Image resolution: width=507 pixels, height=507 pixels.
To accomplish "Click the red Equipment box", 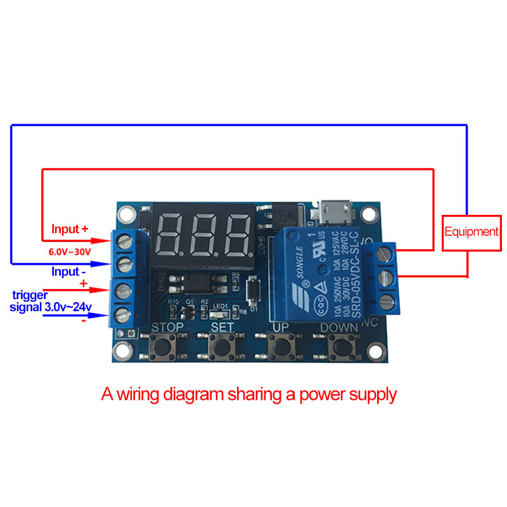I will pyautogui.click(x=471, y=232).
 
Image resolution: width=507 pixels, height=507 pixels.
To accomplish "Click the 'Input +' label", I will pyautogui.click(x=70, y=229).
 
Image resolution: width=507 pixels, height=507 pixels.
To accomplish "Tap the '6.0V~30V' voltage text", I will pyautogui.click(x=70, y=252).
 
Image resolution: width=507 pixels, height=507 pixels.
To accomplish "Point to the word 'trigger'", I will pyautogui.click(x=30, y=295).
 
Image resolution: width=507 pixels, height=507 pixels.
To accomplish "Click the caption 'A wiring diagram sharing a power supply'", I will pyautogui.click(x=249, y=394).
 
